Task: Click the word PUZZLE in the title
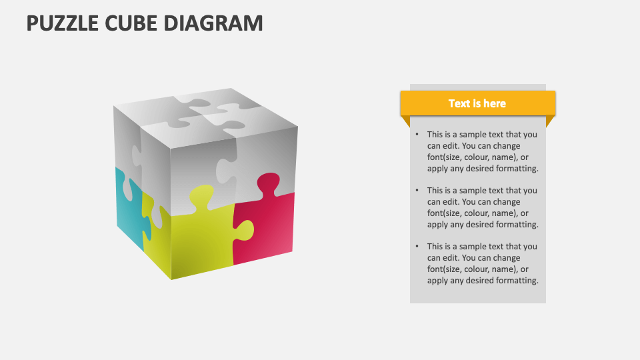pyautogui.click(x=64, y=23)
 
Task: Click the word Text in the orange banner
pyautogui.click(x=459, y=103)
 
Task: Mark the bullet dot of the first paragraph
pyautogui.click(x=417, y=135)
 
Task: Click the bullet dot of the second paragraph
pyautogui.click(x=417, y=191)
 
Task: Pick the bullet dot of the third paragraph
pyautogui.click(x=417, y=247)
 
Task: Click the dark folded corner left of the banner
pyautogui.click(x=404, y=121)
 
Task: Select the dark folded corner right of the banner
pyautogui.click(x=551, y=121)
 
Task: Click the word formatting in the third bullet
pyautogui.click(x=512, y=281)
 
